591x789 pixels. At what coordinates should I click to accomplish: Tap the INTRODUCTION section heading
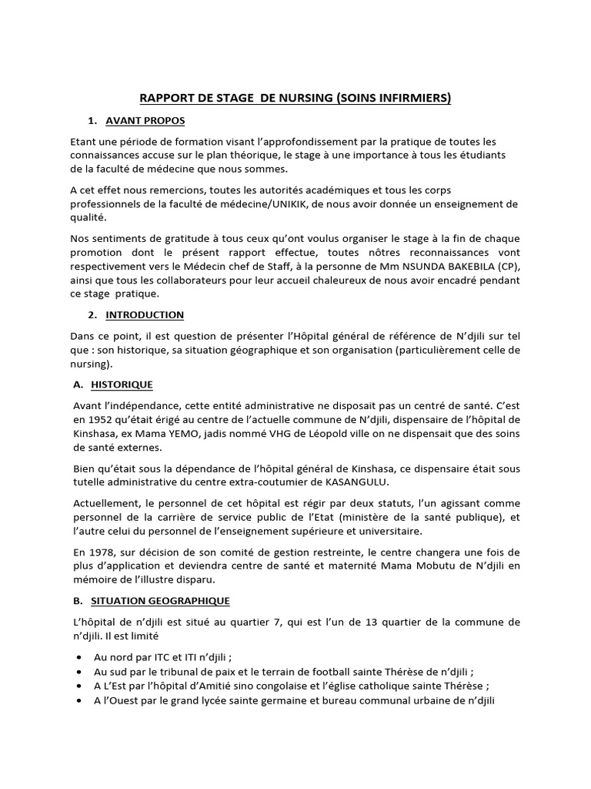(145, 314)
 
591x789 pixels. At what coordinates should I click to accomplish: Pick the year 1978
(98, 552)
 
